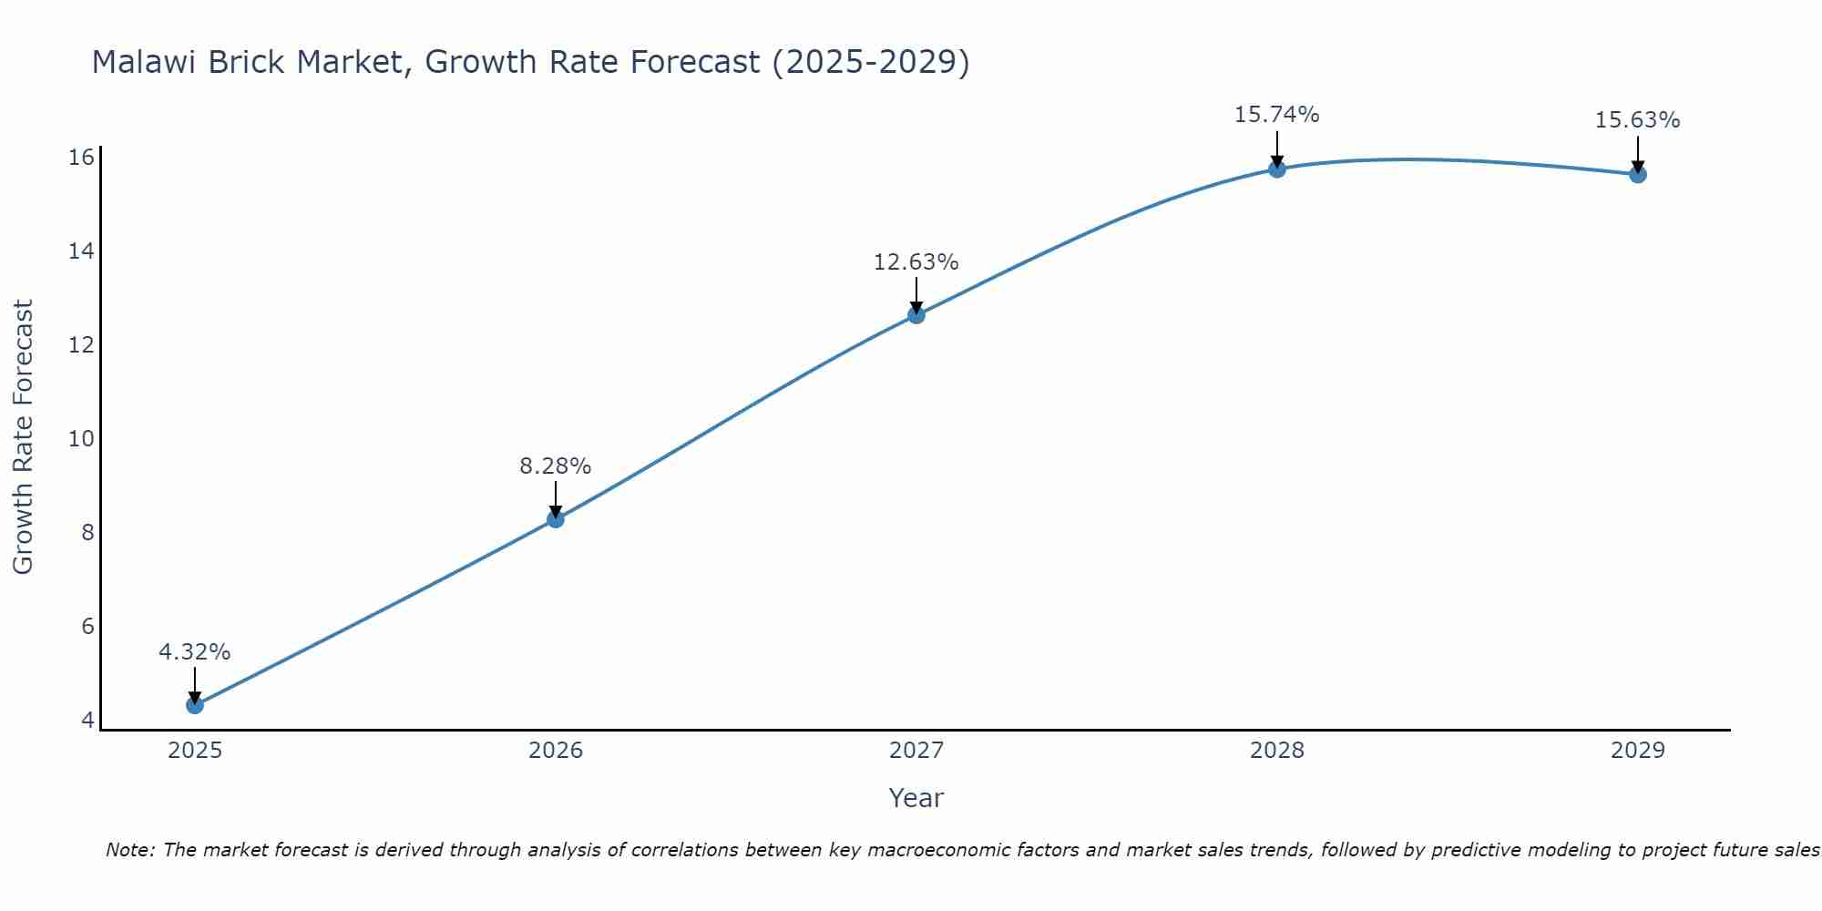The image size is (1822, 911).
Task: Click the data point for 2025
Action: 195,704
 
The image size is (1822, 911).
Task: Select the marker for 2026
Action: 556,519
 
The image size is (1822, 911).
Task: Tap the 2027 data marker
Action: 916,315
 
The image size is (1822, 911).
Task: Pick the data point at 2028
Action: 1277,169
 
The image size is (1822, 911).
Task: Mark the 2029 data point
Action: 1638,174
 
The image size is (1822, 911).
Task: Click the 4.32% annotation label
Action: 195,652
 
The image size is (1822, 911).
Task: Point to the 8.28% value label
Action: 556,466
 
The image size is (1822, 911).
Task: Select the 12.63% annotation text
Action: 916,262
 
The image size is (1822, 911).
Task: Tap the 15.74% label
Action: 1277,115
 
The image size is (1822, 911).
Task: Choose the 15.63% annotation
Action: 1638,120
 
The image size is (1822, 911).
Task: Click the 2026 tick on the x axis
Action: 556,751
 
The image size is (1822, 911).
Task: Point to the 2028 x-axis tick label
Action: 1277,751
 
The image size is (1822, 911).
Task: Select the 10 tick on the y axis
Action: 82,439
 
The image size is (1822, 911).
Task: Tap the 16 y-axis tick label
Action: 82,158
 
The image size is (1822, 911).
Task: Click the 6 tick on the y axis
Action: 87,627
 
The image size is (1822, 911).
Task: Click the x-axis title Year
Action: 916,798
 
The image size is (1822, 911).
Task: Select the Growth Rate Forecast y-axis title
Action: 24,437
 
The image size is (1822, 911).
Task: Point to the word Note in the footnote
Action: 128,850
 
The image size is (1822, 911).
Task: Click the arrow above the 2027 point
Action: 916,293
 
